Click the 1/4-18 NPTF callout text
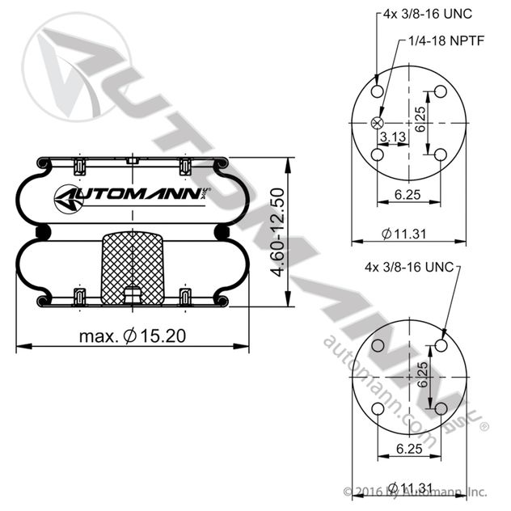[446, 40]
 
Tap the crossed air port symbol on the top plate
[378, 123]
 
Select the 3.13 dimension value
[393, 137]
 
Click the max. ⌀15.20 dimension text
[133, 336]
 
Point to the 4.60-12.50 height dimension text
[278, 232]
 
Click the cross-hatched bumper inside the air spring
[133, 268]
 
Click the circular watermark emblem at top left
[77, 67]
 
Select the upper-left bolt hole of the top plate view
[378, 91]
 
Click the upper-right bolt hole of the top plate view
[441, 91]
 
